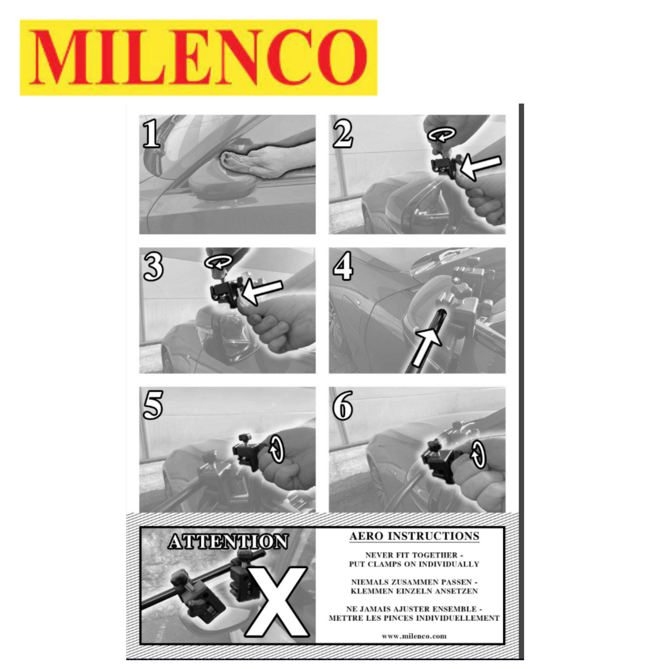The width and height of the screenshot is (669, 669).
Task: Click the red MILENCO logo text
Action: tap(198, 57)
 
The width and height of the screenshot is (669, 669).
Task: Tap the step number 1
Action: tap(152, 134)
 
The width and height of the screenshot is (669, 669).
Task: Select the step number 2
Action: tap(342, 134)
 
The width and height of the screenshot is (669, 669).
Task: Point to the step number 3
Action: tap(153, 267)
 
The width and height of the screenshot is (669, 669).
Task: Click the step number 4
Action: tap(343, 267)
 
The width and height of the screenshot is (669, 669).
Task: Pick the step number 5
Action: tap(152, 406)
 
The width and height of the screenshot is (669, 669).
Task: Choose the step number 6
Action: tap(343, 406)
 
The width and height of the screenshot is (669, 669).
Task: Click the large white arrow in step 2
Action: tap(479, 165)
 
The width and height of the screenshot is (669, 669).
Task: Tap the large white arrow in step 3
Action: tap(261, 290)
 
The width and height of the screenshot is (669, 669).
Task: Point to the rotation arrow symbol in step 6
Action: tap(479, 455)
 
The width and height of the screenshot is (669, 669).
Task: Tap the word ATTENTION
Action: tap(228, 542)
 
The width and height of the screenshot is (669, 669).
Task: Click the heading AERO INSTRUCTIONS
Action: tap(414, 536)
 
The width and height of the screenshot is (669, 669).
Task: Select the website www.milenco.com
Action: tap(414, 636)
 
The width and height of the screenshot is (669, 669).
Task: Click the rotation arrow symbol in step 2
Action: tap(443, 133)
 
